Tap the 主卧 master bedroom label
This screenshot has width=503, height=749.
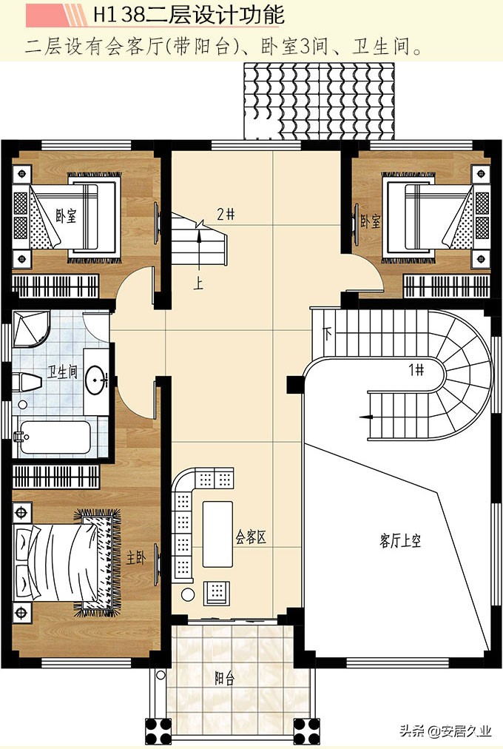(135, 557)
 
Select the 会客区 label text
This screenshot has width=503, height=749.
(251, 537)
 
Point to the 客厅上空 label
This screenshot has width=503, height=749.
(400, 541)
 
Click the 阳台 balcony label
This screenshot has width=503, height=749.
(224, 678)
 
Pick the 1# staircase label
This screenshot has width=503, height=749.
(416, 369)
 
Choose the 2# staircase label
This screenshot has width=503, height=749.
(226, 214)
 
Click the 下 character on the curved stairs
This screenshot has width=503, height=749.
(328, 333)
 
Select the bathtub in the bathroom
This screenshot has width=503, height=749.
(53, 437)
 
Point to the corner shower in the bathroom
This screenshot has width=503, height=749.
(31, 329)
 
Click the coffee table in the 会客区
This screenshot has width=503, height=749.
(217, 534)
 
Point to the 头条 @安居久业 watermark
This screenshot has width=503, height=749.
(445, 730)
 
